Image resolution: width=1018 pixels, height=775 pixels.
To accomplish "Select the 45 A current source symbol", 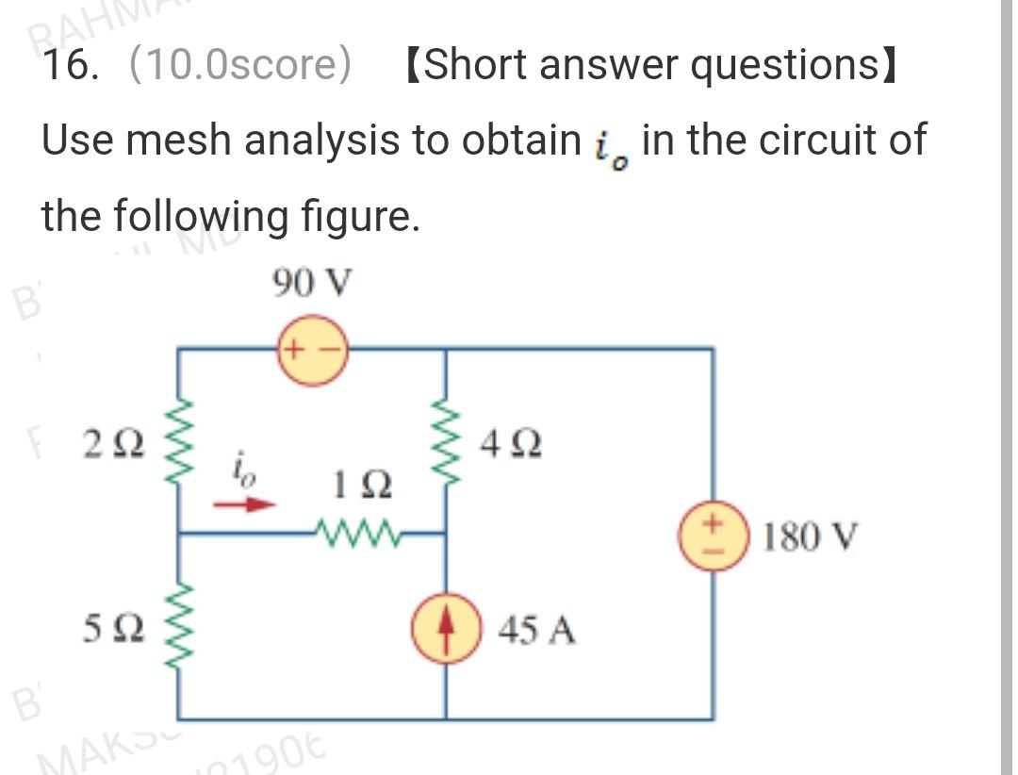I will pyautogui.click(x=446, y=628).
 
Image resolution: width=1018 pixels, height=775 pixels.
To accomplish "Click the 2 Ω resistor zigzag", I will pyautogui.click(x=178, y=441).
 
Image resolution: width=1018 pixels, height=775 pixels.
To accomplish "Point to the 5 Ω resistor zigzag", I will pyautogui.click(x=178, y=626).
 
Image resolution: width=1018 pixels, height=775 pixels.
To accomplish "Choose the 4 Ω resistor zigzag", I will pyautogui.click(x=446, y=441).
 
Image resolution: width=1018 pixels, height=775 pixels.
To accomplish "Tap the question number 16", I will pyautogui.click(x=69, y=66).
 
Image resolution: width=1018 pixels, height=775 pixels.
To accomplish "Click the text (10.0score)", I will pyautogui.click(x=239, y=66).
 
